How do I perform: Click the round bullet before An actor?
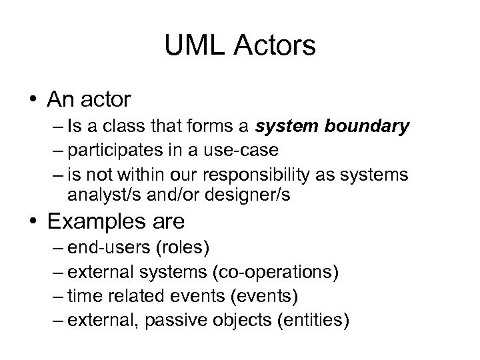click(x=33, y=101)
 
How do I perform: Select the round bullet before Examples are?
click(x=33, y=221)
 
